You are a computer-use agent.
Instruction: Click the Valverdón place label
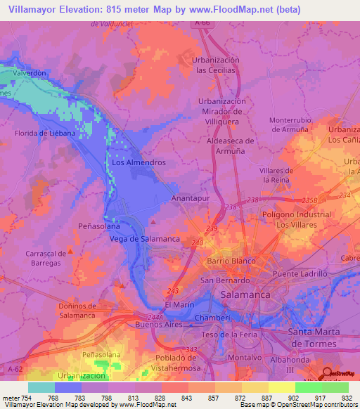[29, 72]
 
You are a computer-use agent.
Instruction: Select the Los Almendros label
[139, 162]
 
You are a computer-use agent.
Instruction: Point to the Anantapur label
[192, 199]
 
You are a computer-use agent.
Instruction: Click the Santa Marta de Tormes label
[324, 335]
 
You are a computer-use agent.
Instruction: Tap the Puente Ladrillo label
[301, 273]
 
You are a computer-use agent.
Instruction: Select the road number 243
[174, 289]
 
